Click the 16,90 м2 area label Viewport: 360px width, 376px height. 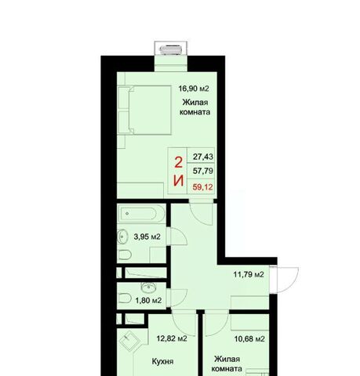pos(194,89)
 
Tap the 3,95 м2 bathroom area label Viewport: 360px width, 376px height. pos(147,237)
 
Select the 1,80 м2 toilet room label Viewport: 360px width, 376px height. pos(148,301)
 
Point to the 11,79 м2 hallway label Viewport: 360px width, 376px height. pos(249,274)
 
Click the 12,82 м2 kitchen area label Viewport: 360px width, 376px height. pos(172,338)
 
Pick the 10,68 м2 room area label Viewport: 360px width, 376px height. pos(249,339)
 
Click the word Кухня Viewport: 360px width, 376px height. pos(162,361)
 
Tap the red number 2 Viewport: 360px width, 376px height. pos(179,162)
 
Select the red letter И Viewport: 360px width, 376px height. pos(179,181)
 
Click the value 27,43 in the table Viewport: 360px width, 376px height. pos(203,157)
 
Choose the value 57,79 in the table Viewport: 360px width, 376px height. pos(203,171)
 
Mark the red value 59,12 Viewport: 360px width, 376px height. pos(203,187)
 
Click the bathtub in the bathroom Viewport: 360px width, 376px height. pos(141,214)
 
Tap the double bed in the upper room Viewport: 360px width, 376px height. pos(150,110)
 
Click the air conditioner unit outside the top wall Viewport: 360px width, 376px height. pos(171,49)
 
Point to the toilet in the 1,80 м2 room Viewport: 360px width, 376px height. pos(125,298)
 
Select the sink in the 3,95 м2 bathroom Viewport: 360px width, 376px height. pos(122,237)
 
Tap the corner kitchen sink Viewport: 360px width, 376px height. pos(129,341)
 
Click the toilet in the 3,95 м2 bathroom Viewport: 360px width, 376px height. pos(125,255)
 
